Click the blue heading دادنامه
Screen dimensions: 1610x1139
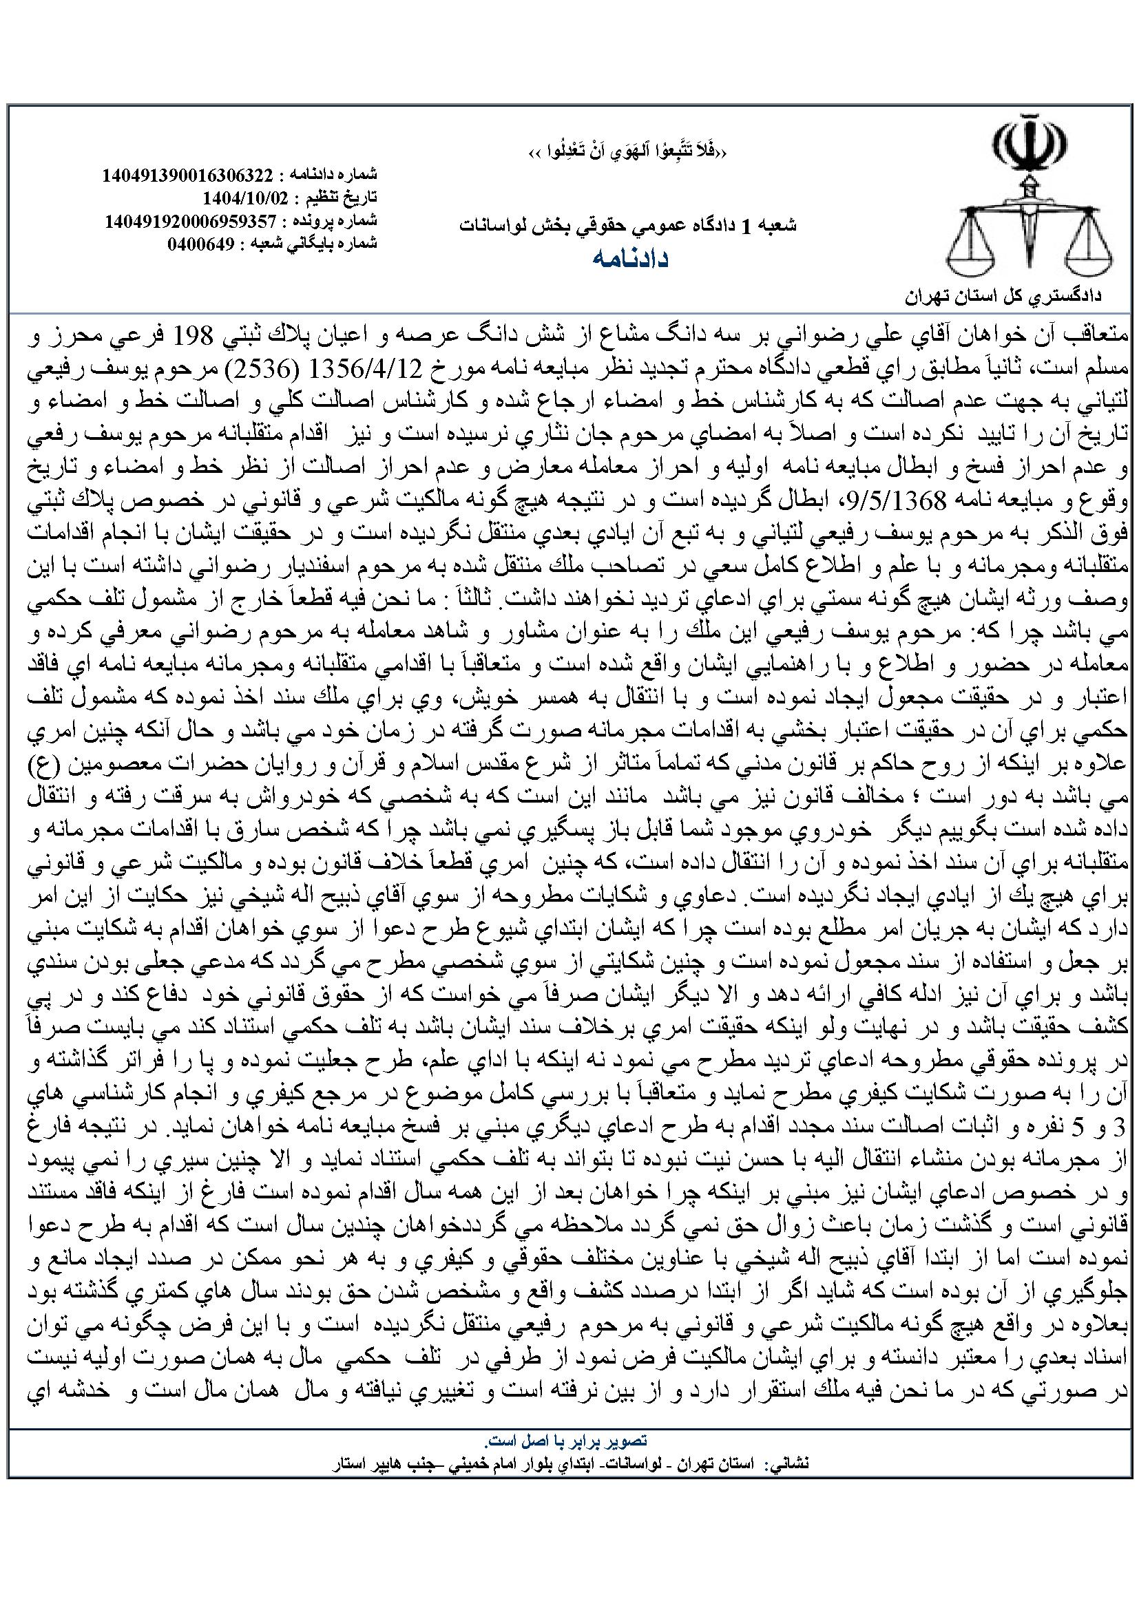[x=629, y=259]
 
